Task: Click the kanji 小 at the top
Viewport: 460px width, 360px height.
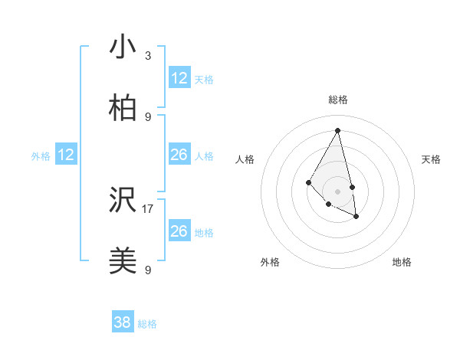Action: (123, 47)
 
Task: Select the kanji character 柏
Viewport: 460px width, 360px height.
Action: (123, 109)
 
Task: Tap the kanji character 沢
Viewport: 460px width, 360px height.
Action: (123, 201)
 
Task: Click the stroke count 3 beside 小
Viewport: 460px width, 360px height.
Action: (148, 56)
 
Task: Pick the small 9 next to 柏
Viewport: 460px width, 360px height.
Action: (148, 117)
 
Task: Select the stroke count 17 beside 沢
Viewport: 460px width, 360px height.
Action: (148, 208)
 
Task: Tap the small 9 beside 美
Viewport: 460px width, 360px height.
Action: (148, 270)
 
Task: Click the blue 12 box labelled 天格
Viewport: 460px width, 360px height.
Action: (179, 78)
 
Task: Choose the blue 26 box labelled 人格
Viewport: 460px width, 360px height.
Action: (179, 155)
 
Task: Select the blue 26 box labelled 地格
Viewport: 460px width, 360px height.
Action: (179, 231)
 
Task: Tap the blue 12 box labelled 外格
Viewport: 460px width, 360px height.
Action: (66, 155)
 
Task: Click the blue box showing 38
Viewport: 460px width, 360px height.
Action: (123, 322)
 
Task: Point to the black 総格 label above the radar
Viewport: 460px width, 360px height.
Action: (338, 100)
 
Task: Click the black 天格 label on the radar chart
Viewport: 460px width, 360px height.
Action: (431, 159)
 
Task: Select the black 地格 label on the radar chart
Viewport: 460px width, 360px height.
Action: (402, 262)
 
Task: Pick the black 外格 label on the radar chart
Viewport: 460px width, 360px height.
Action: (270, 262)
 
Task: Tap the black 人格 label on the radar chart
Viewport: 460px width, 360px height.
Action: (245, 159)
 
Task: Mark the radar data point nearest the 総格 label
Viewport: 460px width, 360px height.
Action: (338, 129)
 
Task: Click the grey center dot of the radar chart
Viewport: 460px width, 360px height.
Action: (338, 190)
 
